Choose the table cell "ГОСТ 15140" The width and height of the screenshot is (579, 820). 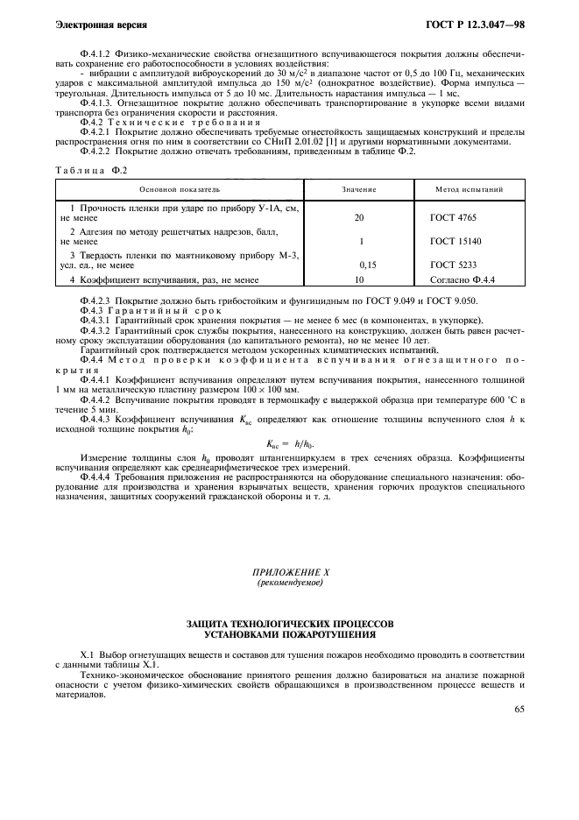click(x=456, y=239)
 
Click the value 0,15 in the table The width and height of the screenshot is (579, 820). click(x=367, y=263)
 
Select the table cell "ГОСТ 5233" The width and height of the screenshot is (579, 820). click(x=455, y=263)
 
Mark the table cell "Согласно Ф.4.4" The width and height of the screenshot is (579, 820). click(x=463, y=279)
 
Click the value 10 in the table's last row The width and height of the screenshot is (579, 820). click(x=359, y=279)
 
